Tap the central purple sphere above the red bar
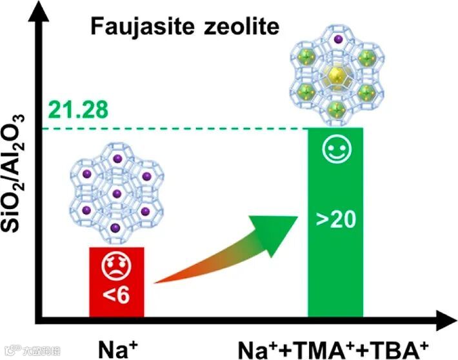coord(116,193)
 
